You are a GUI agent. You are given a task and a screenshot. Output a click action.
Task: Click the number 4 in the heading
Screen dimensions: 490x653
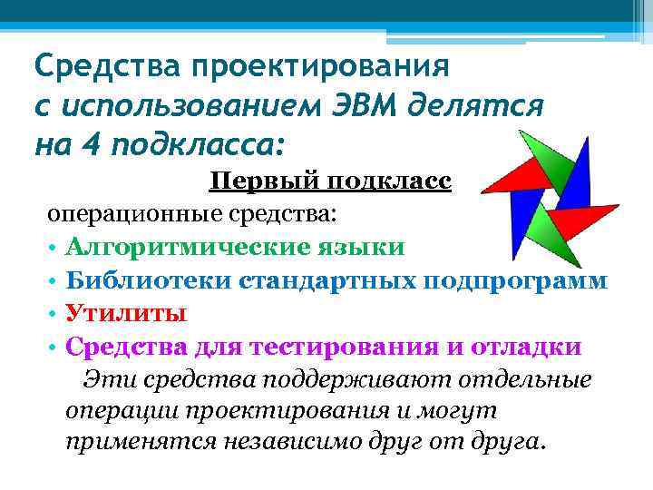(x=87, y=143)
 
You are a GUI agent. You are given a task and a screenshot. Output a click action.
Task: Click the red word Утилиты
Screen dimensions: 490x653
(x=127, y=313)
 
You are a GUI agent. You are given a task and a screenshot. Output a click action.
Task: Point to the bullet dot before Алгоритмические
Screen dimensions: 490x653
(x=54, y=248)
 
